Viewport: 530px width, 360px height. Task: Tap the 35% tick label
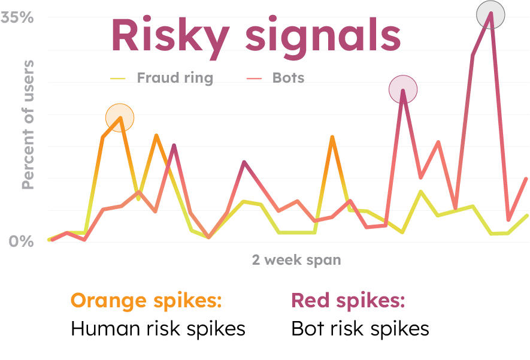click(x=17, y=17)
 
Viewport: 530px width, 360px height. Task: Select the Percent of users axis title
click(x=28, y=125)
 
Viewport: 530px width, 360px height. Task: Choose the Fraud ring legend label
click(x=174, y=78)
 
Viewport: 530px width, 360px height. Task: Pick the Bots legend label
click(x=288, y=78)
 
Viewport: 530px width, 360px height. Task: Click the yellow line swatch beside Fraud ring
click(x=118, y=78)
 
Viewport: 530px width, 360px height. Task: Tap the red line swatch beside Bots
click(x=255, y=78)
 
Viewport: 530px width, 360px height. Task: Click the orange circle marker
click(x=120, y=117)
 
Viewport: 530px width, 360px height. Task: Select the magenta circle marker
click(x=403, y=90)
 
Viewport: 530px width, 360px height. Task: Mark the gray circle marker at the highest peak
click(x=490, y=15)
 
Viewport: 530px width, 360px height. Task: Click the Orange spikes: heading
click(x=146, y=300)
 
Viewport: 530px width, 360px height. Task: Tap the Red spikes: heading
click(x=348, y=300)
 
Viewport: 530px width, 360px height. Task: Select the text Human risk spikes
click(x=158, y=329)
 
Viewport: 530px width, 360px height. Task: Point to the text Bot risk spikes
click(x=360, y=329)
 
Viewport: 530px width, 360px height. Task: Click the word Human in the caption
click(x=103, y=329)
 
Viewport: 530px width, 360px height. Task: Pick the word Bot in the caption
click(x=305, y=329)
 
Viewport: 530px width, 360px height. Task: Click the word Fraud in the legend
click(x=155, y=78)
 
